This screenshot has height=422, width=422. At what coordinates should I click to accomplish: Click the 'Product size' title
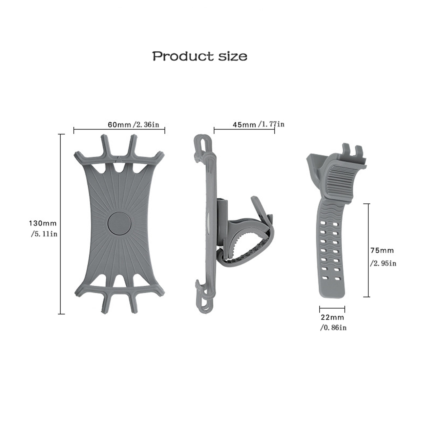click(x=200, y=56)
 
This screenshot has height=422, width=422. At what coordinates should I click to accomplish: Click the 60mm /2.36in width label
click(x=133, y=124)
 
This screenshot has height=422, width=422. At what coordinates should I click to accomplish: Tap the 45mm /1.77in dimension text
click(x=258, y=124)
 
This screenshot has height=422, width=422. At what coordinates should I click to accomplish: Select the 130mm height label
click(x=43, y=223)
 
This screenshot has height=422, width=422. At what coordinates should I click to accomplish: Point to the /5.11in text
click(x=44, y=234)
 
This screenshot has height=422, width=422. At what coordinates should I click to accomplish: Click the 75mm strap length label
click(x=382, y=250)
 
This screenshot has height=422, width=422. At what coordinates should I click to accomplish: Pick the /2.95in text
click(x=383, y=263)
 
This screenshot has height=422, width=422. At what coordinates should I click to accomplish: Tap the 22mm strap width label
click(x=332, y=317)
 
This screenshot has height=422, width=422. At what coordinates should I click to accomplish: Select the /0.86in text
click(x=333, y=328)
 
